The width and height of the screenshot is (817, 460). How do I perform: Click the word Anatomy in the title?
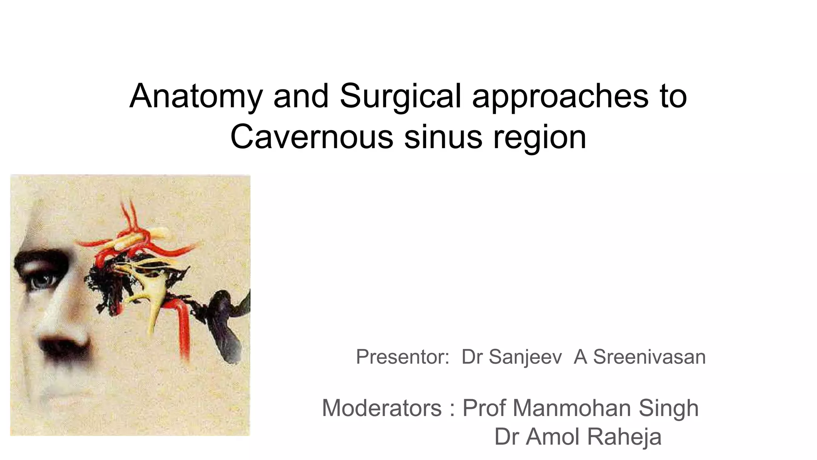(196, 96)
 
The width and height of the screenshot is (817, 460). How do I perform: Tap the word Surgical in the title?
(400, 96)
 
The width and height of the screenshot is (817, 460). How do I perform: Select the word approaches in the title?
(560, 96)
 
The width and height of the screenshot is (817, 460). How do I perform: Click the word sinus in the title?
(443, 137)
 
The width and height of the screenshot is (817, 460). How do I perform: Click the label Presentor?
(403, 357)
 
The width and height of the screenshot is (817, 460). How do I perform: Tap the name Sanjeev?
(525, 357)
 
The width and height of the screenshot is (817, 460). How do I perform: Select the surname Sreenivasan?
(649, 357)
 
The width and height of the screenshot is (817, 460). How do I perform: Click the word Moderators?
(382, 408)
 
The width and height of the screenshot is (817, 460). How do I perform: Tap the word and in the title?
(301, 96)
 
